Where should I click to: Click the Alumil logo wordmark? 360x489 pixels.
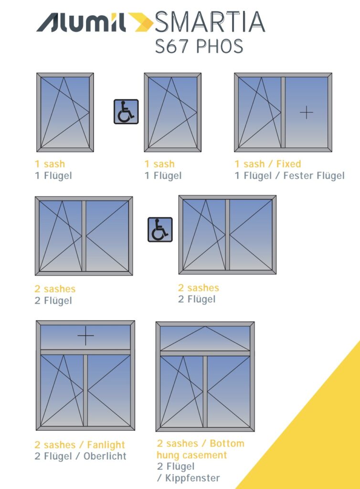tap(81, 22)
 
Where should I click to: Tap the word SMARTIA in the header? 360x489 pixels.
tap(210, 22)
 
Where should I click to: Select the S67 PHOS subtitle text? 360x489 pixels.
tap(199, 46)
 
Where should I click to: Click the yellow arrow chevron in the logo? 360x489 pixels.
tap(140, 22)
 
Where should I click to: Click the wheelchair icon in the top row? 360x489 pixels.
tap(126, 112)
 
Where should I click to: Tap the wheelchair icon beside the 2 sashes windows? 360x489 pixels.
tap(160, 230)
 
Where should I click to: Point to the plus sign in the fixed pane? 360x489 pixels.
tap(307, 112)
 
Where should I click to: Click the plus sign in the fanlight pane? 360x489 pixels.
tap(86, 336)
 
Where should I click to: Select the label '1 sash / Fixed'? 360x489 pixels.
tap(268, 164)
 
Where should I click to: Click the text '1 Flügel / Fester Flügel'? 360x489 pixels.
tap(289, 176)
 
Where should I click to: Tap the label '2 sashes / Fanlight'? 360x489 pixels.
tap(80, 445)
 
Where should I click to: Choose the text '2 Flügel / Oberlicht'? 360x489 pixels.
tap(80, 456)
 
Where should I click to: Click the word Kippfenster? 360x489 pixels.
tap(192, 478)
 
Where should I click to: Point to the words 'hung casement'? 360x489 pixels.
tap(191, 455)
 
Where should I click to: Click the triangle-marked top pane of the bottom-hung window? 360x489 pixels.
tap(205, 339)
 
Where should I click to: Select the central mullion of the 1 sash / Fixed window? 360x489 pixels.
tap(283, 112)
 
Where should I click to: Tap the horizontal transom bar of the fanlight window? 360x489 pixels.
tap(85, 352)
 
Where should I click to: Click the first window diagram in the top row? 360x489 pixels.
tap(65, 113)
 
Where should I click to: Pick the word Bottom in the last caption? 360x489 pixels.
tap(227, 444)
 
